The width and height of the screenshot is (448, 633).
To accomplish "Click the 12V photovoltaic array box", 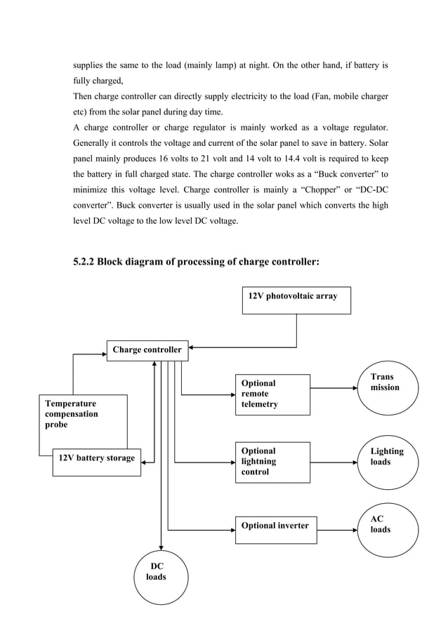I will click(296, 300).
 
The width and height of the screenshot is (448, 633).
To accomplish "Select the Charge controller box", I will click(147, 349).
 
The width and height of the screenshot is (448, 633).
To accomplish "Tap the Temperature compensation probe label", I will click(72, 414).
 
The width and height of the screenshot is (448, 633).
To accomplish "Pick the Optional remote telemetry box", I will click(275, 394).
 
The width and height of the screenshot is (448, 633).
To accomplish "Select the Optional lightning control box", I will click(275, 462).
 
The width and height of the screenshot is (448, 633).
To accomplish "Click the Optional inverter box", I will click(275, 526).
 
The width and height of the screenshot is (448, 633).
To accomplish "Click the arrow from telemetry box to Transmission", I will click(334, 387).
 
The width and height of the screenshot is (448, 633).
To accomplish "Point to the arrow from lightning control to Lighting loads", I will click(334, 462).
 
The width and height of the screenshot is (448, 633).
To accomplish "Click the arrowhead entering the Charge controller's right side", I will click(193, 347).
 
